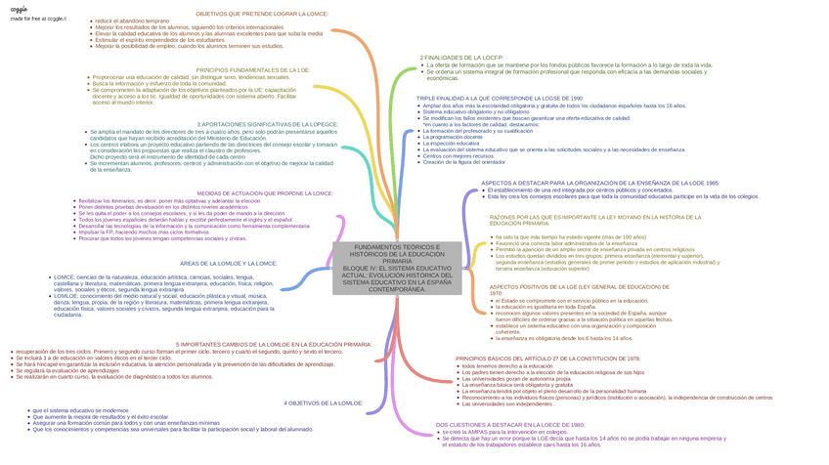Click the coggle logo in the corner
point(19,9)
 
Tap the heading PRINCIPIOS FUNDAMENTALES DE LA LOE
point(253,70)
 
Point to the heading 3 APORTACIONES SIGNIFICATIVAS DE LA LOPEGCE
point(268,124)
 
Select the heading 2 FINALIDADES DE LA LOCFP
point(461,58)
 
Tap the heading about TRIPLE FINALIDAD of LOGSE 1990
point(500,99)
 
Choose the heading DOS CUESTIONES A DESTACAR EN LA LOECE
point(510,425)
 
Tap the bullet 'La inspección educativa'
point(452,143)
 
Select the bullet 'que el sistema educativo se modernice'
point(79,410)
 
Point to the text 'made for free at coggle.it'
point(36,19)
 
